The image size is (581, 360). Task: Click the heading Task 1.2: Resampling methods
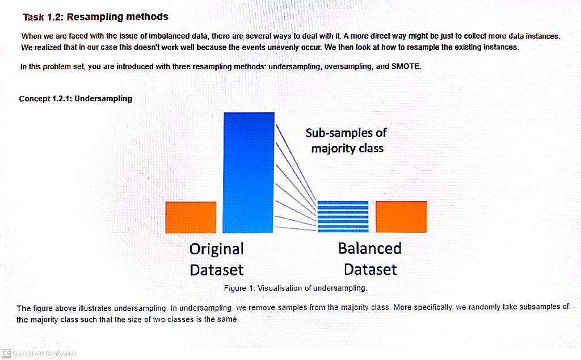pos(95,17)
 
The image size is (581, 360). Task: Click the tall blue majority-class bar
pos(249,172)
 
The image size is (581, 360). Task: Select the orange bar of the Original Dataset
pos(191,217)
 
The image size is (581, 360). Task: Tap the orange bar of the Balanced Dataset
pos(401,216)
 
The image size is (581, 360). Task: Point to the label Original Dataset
pos(216,259)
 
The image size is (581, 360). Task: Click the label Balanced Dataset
pos(370,258)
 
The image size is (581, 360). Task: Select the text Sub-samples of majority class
pos(346,140)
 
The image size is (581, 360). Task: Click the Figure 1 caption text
pos(296,288)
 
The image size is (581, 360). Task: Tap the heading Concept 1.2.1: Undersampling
pos(75,98)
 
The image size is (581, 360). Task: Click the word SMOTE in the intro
pos(406,66)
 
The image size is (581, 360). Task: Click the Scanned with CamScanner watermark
pos(43,353)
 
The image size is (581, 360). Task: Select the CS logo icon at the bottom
pos(6,353)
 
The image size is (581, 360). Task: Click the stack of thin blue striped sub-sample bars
pos(343,216)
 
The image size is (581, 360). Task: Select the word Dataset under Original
pos(216,269)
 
